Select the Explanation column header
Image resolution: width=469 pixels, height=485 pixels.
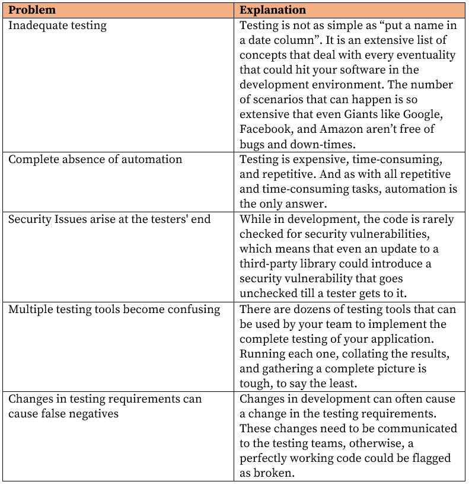273,10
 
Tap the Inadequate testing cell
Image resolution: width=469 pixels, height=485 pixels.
58,25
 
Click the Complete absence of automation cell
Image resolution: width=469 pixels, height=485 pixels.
95,159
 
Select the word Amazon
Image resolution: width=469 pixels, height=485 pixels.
340,129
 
